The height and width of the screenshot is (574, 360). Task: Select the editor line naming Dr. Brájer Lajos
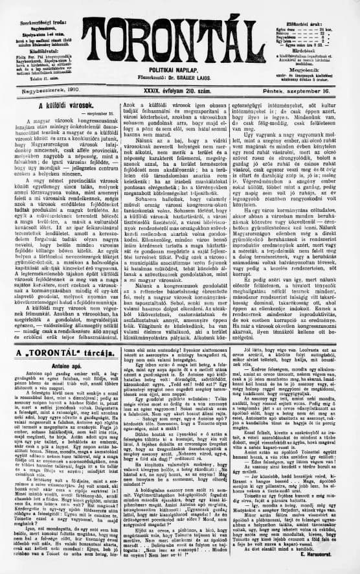tap(179, 73)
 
